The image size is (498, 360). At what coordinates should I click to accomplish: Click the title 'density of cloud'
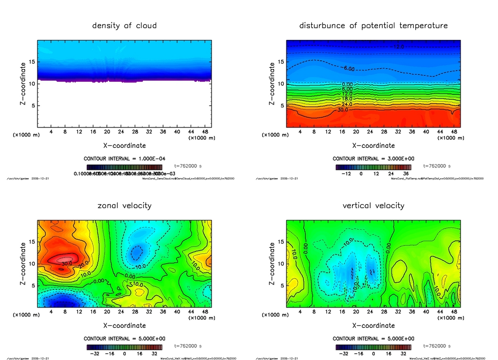[124, 26]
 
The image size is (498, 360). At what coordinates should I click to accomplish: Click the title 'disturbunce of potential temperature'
[373, 26]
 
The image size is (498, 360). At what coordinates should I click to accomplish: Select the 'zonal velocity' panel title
[124, 206]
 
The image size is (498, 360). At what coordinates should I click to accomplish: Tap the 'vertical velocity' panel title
[373, 206]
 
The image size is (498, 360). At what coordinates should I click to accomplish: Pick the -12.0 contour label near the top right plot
[398, 47]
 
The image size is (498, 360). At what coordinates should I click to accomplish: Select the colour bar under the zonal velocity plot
[124, 347]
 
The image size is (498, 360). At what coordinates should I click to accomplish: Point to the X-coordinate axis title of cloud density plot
[124, 145]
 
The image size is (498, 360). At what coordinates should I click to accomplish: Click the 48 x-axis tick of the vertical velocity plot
[453, 311]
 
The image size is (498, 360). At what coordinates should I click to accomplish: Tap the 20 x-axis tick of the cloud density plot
[107, 131]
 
